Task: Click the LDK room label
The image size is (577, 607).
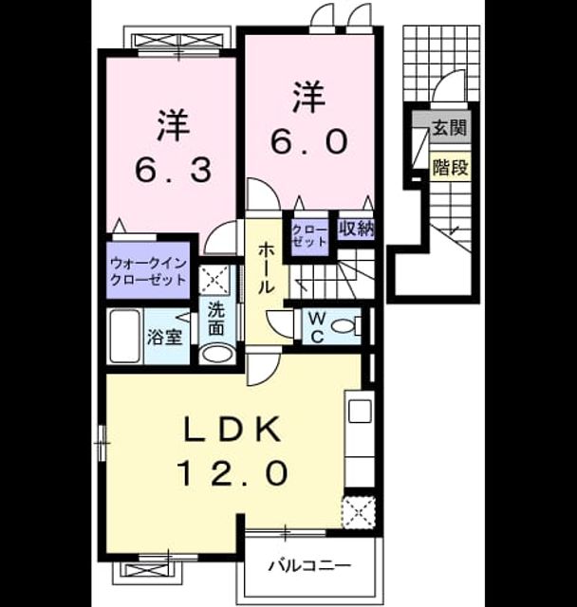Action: (232, 429)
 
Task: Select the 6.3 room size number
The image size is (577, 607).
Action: (173, 171)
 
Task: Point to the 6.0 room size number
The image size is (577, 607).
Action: (307, 141)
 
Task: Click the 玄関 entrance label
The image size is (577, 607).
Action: (449, 126)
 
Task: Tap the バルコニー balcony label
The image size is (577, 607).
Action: (309, 566)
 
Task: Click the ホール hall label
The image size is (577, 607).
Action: (267, 267)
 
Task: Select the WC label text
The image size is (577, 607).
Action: (317, 327)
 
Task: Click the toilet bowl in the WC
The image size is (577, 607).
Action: (343, 326)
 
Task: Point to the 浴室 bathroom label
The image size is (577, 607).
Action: (164, 338)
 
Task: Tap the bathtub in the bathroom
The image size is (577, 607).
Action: (124, 336)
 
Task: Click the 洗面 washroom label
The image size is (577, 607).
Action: (216, 319)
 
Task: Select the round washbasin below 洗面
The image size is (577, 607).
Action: (216, 354)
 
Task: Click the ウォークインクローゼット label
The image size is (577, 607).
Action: (149, 270)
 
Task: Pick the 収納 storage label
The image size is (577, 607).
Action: (357, 230)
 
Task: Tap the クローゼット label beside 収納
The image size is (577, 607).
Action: (309, 235)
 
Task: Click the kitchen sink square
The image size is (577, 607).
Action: (360, 411)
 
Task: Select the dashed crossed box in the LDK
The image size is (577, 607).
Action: (358, 512)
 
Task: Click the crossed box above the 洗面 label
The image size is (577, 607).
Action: (214, 279)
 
